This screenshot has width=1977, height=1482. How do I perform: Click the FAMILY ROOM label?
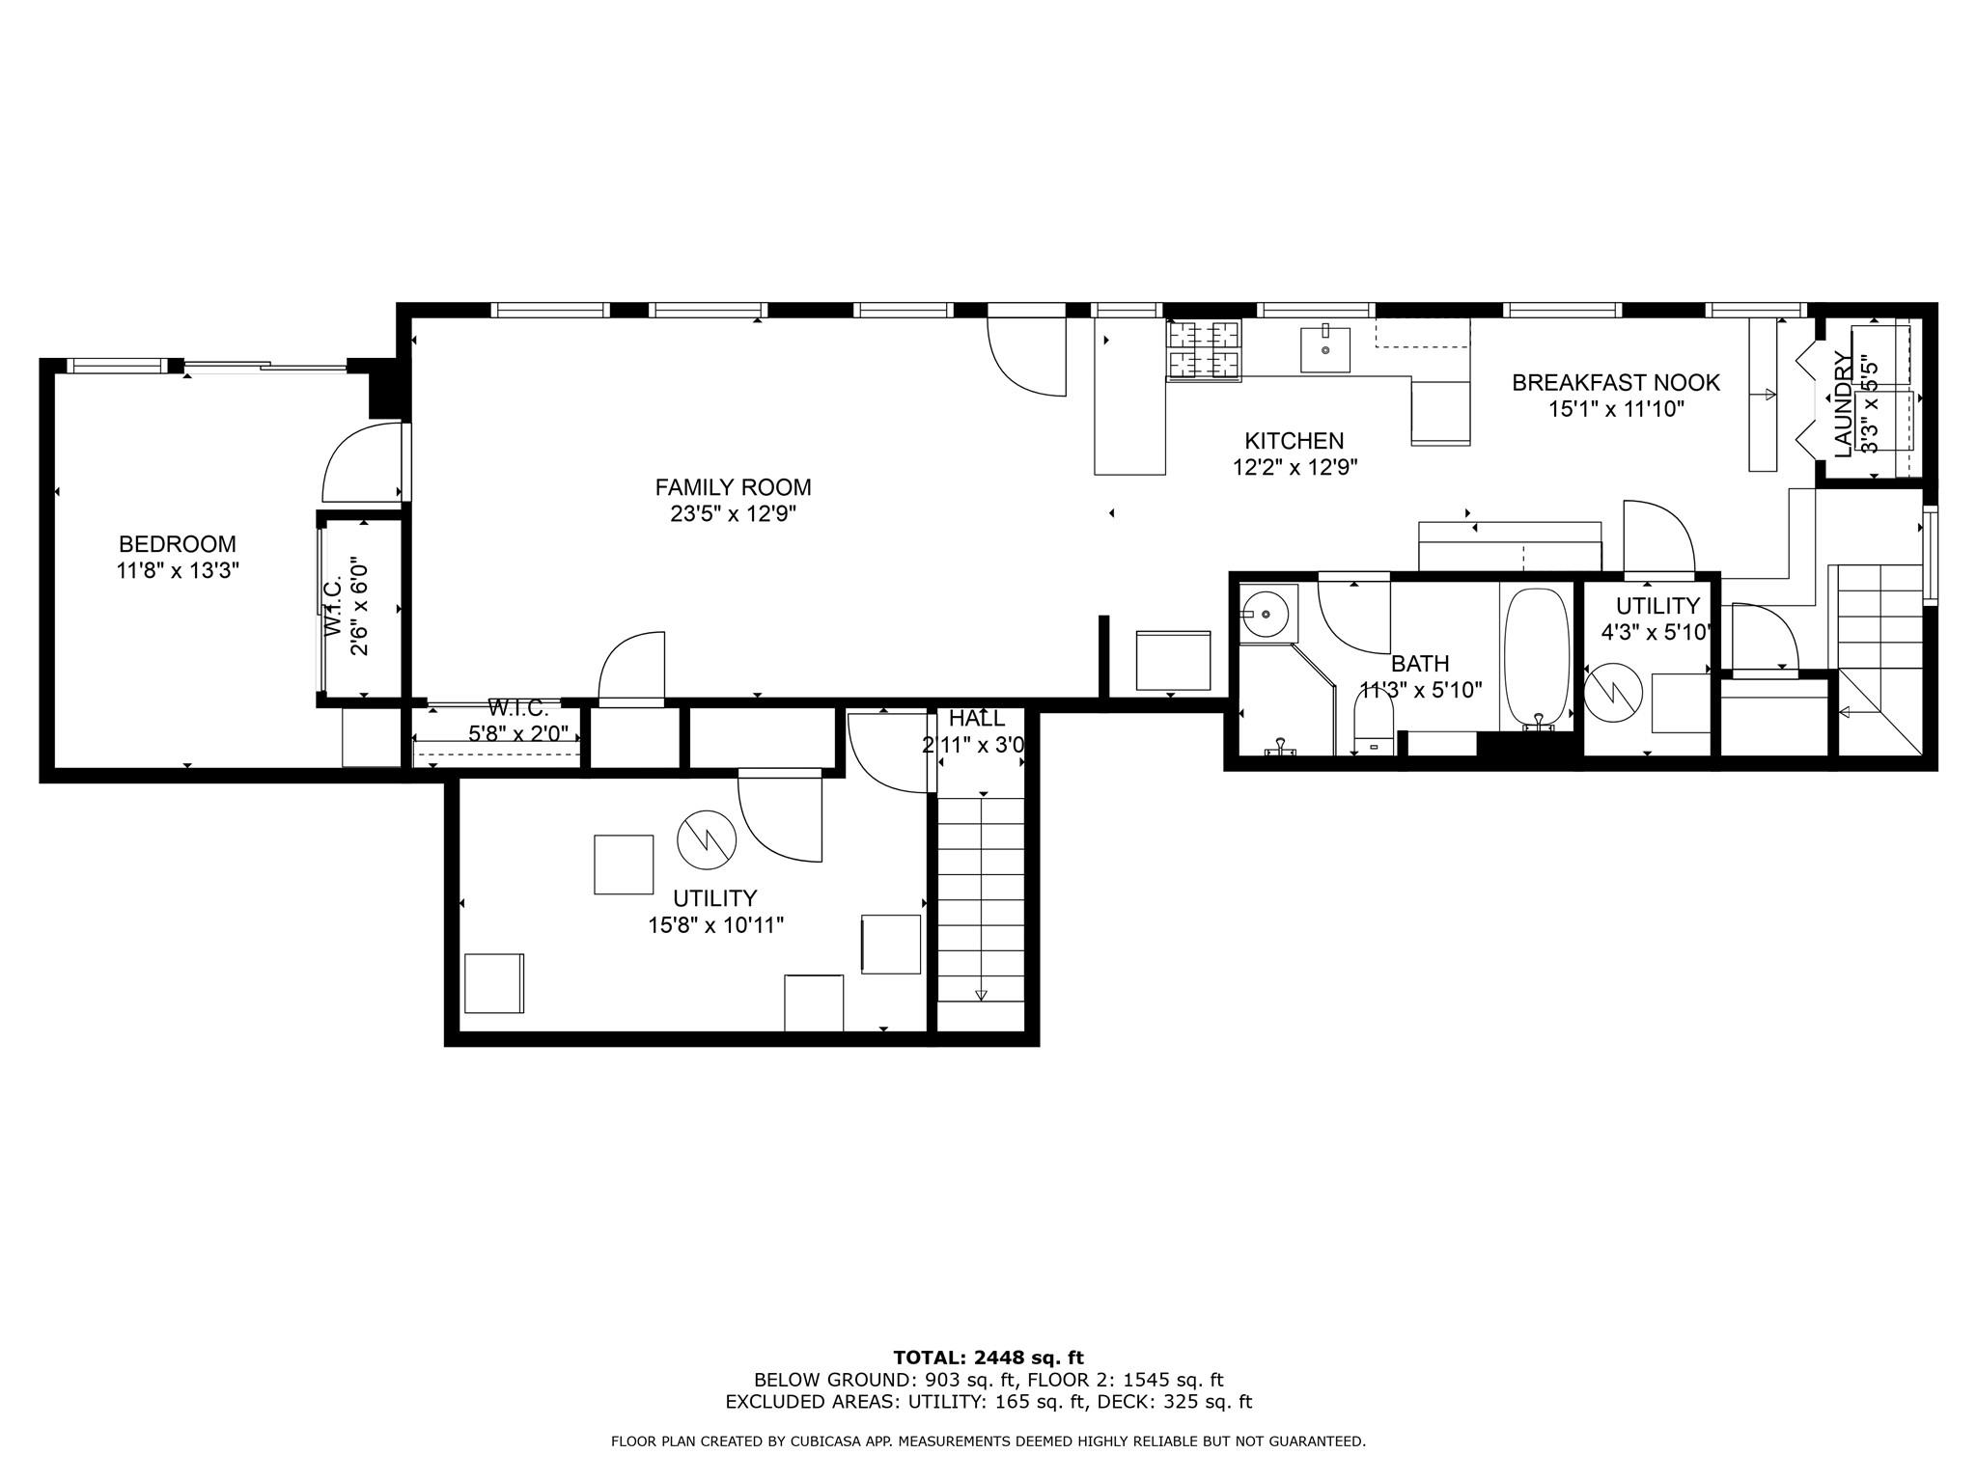pos(733,487)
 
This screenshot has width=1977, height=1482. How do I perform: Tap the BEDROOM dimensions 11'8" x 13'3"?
pos(177,571)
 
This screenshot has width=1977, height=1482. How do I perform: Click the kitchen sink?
pos(1324,348)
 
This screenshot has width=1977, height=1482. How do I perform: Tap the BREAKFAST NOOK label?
pos(1615,383)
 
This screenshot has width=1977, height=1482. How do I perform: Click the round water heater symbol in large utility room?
pos(707,838)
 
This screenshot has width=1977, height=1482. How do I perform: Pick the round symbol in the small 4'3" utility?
pos(1613,691)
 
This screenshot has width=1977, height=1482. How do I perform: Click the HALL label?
pos(976,719)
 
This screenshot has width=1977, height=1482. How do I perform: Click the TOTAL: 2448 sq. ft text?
pos(988,1358)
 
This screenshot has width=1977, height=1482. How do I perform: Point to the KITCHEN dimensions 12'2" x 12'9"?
pos(1295,468)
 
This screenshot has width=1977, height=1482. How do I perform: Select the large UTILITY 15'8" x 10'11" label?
pos(714,912)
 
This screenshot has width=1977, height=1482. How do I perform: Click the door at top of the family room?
pos(1027,355)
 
